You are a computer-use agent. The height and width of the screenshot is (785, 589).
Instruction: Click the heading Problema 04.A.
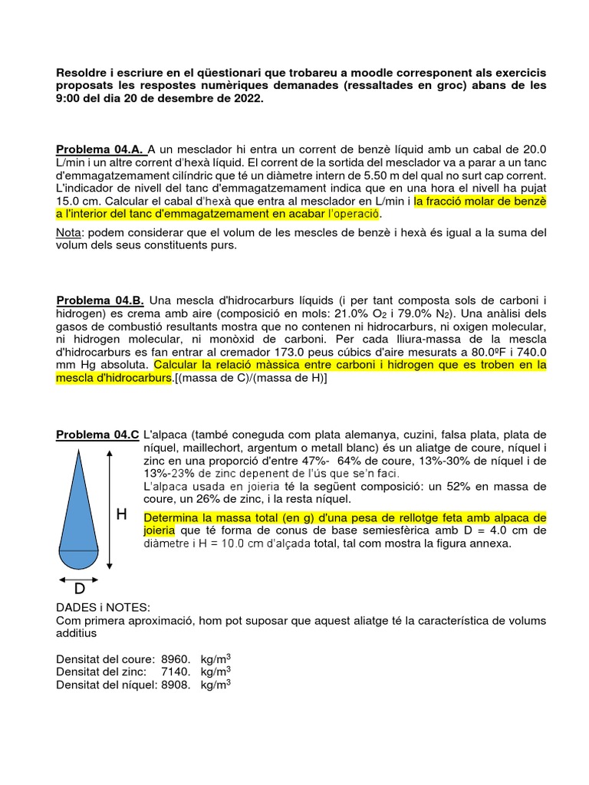tap(100, 149)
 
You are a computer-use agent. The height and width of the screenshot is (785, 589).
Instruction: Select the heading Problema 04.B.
tap(101, 300)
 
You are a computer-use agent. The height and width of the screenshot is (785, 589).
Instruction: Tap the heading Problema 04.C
tap(97, 435)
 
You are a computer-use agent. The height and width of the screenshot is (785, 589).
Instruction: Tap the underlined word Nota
tap(70, 232)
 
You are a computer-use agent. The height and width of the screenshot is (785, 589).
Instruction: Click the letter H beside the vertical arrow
tap(121, 515)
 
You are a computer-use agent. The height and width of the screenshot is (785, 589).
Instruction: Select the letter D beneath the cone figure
tap(79, 589)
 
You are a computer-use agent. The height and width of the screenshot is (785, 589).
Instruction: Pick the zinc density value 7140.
tap(175, 672)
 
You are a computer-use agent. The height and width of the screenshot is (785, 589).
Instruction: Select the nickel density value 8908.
tap(175, 685)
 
